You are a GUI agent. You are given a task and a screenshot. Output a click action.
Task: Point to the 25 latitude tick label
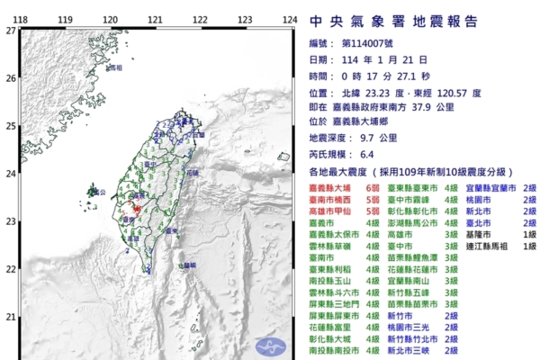(10, 126)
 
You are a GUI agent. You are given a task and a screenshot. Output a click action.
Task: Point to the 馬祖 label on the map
(115, 68)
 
